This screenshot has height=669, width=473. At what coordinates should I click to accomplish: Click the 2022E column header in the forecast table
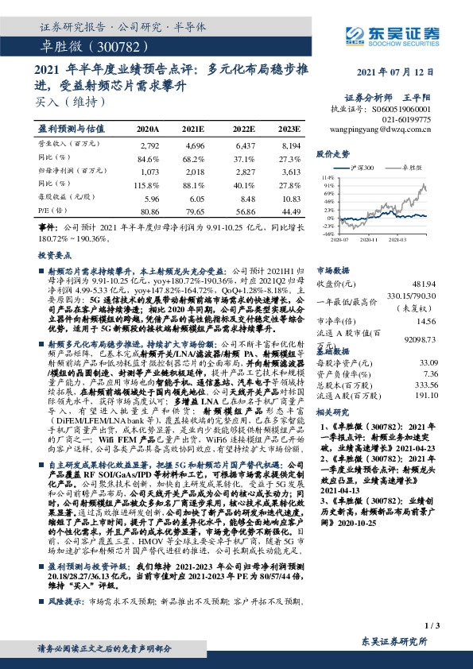(243, 128)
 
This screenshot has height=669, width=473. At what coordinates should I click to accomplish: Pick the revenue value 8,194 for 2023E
(289, 146)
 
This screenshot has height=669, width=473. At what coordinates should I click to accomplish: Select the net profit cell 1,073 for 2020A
(149, 171)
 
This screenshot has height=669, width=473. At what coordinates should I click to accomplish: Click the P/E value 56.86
(246, 212)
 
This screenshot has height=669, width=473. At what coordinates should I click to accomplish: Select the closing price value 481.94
(428, 284)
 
